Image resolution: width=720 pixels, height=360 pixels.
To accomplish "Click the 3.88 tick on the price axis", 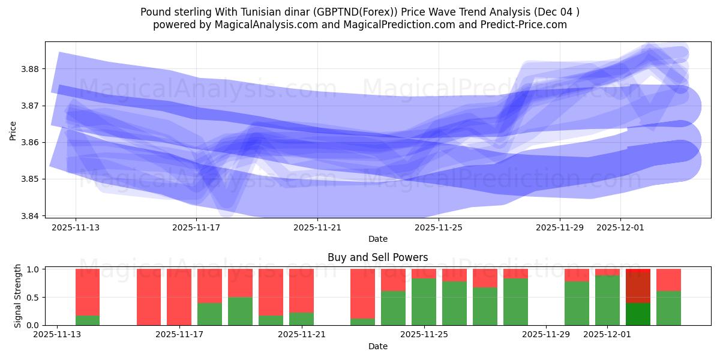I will pyautogui.click(x=30, y=69).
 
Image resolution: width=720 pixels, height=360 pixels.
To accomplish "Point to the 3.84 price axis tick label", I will pyautogui.click(x=30, y=216).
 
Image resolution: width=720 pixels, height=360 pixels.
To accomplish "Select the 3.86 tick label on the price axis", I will pyautogui.click(x=30, y=142).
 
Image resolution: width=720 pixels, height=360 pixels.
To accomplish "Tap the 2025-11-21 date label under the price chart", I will pyautogui.click(x=317, y=228).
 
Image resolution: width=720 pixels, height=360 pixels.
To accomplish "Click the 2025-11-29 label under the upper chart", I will pyautogui.click(x=560, y=228).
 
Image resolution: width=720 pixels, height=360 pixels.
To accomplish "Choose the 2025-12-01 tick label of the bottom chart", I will pyautogui.click(x=607, y=335).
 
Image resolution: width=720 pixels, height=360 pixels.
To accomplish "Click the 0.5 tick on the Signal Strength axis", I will pyautogui.click(x=34, y=298).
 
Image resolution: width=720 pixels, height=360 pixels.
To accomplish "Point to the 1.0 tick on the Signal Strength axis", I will pyautogui.click(x=34, y=269).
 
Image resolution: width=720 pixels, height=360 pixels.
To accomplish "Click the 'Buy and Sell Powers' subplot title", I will pyautogui.click(x=377, y=257).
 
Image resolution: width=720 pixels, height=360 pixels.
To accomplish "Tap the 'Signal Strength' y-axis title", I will pyautogui.click(x=18, y=296).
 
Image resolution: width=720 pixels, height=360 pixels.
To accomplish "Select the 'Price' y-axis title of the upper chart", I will pyautogui.click(x=13, y=130).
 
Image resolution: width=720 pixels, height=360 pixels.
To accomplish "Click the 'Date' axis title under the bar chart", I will pyautogui.click(x=377, y=346).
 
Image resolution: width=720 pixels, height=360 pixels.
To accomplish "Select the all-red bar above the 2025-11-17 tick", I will pyautogui.click(x=179, y=297).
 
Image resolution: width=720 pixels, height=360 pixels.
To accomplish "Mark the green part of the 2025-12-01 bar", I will pyautogui.click(x=607, y=300).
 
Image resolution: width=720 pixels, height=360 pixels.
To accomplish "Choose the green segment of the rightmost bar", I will pyautogui.click(x=668, y=308).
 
